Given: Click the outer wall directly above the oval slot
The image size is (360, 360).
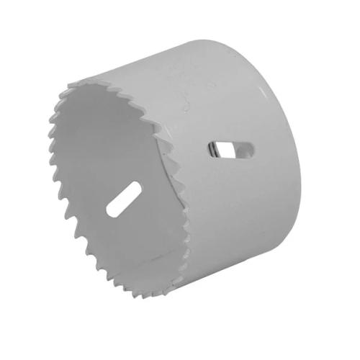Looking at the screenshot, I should [x=230, y=108].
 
